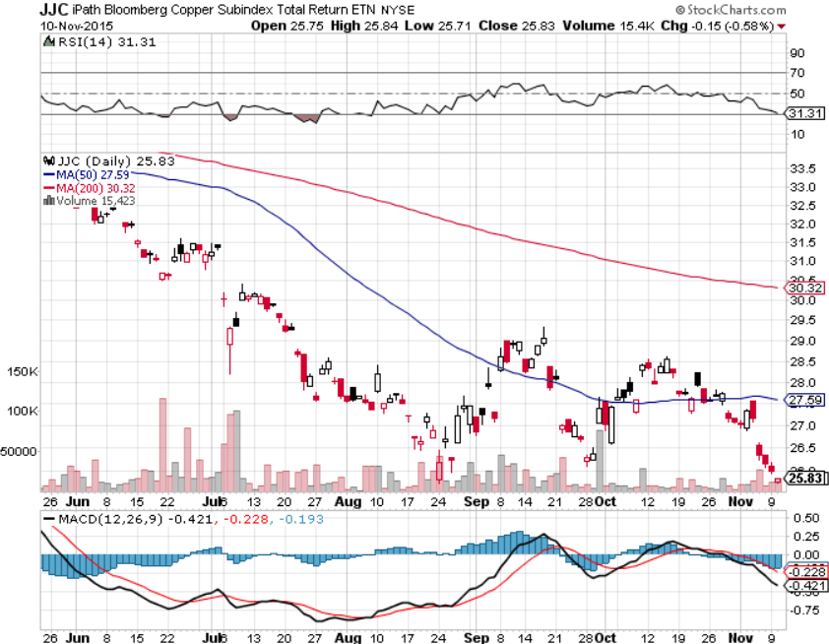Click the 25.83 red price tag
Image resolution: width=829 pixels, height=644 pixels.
click(803, 479)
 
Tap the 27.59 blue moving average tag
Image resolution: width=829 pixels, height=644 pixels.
click(802, 400)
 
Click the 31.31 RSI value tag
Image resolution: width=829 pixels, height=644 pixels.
click(802, 114)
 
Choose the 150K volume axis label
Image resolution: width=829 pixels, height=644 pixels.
click(22, 372)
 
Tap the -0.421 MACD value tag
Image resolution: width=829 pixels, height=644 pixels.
click(804, 585)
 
